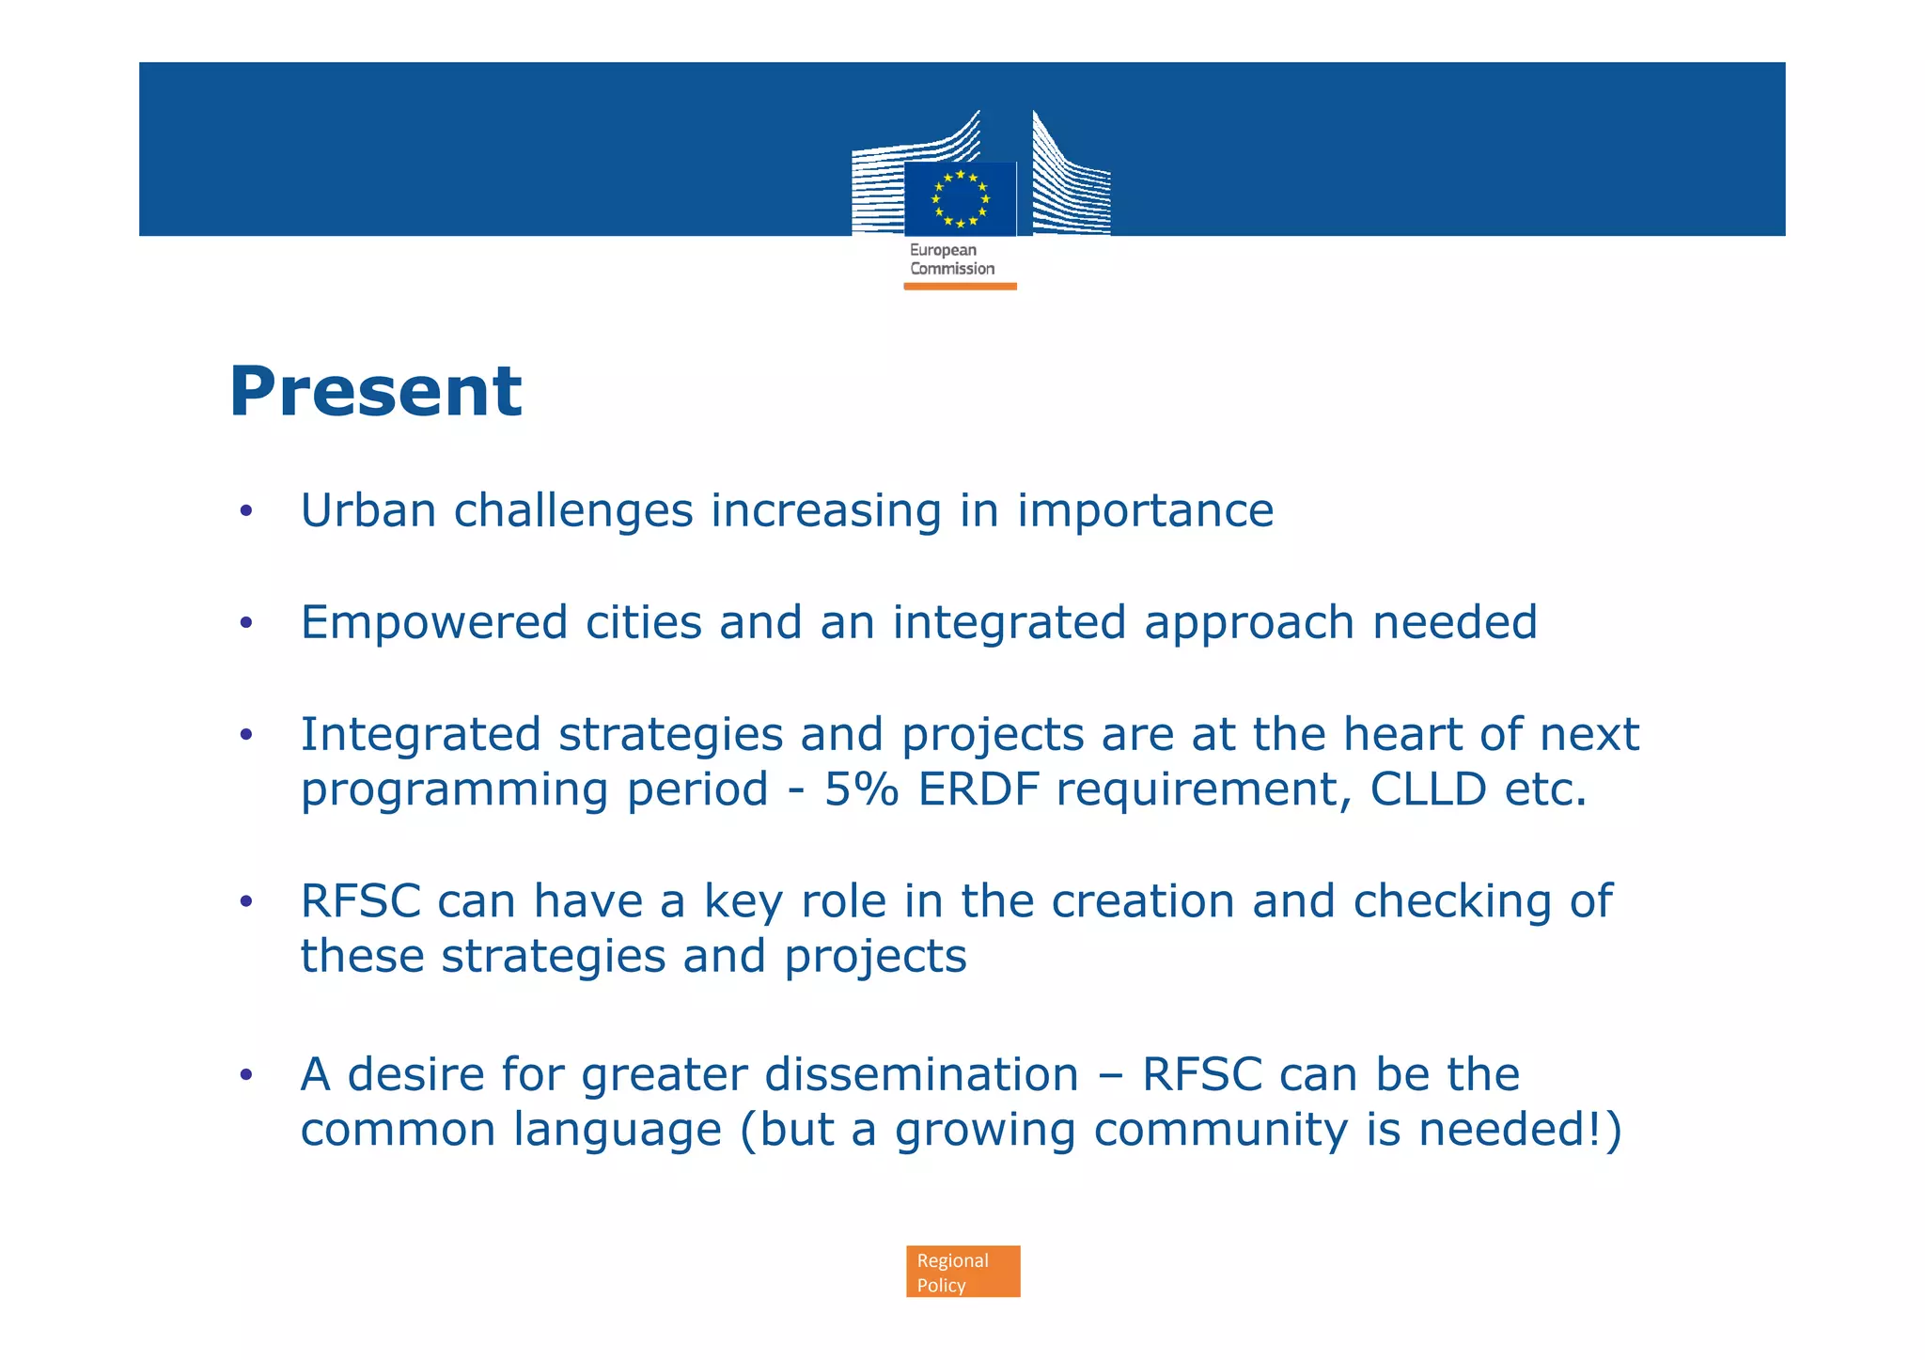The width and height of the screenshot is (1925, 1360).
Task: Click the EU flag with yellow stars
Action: [960, 198]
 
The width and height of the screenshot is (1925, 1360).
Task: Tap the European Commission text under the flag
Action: [951, 259]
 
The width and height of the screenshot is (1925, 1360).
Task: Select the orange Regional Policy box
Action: [962, 1272]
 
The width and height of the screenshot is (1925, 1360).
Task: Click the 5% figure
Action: [862, 789]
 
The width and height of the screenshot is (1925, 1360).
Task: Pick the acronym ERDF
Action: [978, 789]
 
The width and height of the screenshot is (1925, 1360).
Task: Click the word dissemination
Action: [922, 1075]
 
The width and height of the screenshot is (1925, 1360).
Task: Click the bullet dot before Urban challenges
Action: [246, 511]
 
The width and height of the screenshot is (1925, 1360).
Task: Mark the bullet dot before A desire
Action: [246, 1075]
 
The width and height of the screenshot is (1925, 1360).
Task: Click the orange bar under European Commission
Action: [960, 287]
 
